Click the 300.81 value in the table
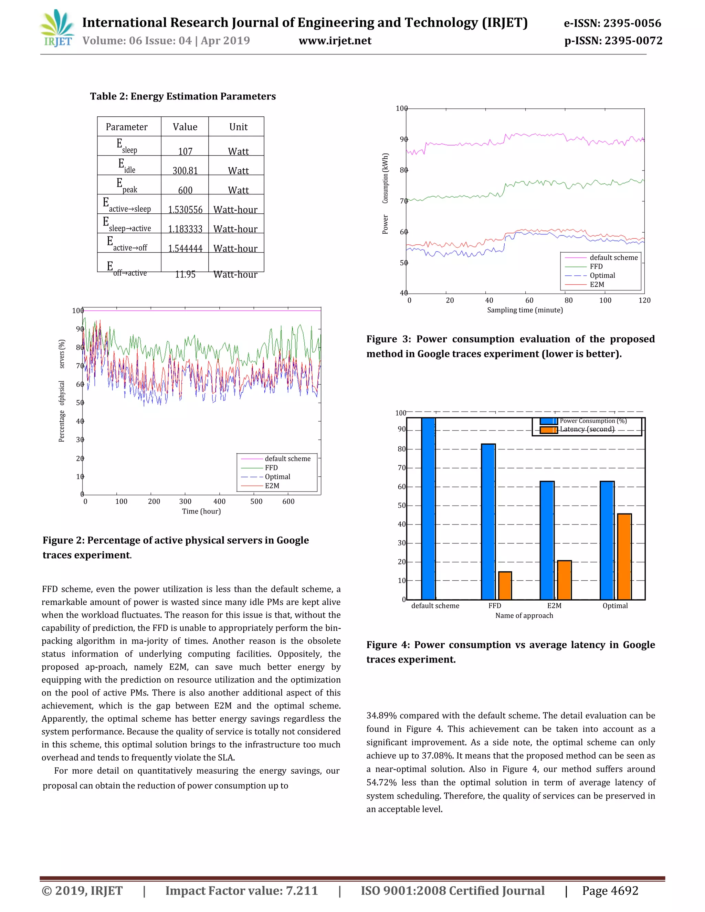coord(185,170)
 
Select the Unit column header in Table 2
coord(238,127)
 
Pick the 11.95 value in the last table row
coord(185,274)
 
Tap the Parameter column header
coord(127,127)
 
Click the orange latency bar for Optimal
coord(624,556)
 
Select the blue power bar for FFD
coord(488,521)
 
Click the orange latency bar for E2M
coord(564,580)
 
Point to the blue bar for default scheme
coord(428,508)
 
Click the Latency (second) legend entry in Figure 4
coord(587,429)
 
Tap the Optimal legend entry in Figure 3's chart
coord(602,276)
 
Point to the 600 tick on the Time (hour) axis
coord(288,501)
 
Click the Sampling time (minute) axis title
coord(525,310)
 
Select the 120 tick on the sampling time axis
coord(644,300)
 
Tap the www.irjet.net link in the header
coord(335,41)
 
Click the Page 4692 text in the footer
coord(610,891)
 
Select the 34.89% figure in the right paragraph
coord(381,716)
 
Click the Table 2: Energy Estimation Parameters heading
coord(183,96)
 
